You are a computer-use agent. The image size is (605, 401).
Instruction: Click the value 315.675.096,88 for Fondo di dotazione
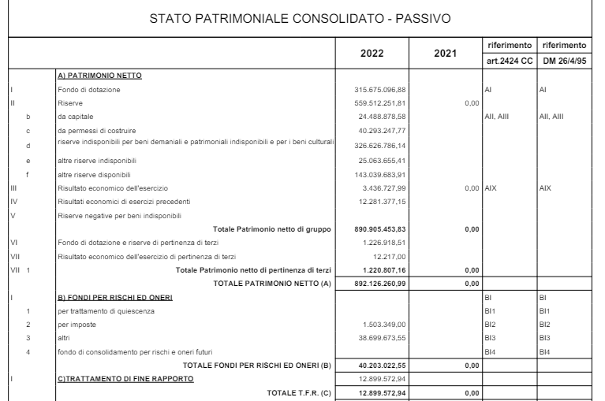[x=382, y=91]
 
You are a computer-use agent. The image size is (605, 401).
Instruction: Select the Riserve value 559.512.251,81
[x=382, y=102]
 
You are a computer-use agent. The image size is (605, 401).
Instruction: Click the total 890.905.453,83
[x=382, y=227]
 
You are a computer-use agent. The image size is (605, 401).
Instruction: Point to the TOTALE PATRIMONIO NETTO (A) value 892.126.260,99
[x=382, y=283]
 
